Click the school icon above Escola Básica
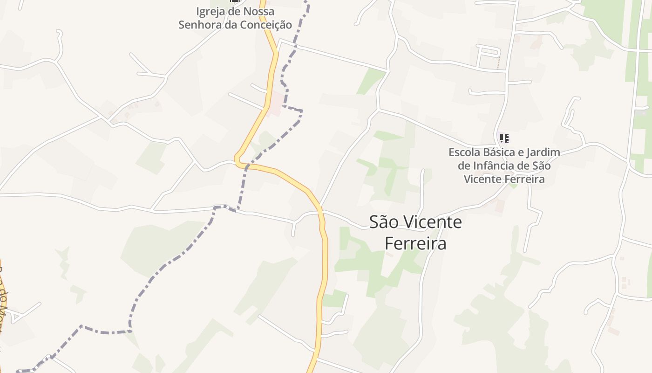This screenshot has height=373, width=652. click(504, 138)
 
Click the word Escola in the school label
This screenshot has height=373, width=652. click(463, 152)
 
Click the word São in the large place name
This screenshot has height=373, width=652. click(384, 222)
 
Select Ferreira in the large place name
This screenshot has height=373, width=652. click(415, 243)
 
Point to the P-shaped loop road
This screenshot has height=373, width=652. click(488, 52)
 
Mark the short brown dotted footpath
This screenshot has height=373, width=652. click(499, 62)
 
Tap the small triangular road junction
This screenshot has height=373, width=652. click(16, 316)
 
